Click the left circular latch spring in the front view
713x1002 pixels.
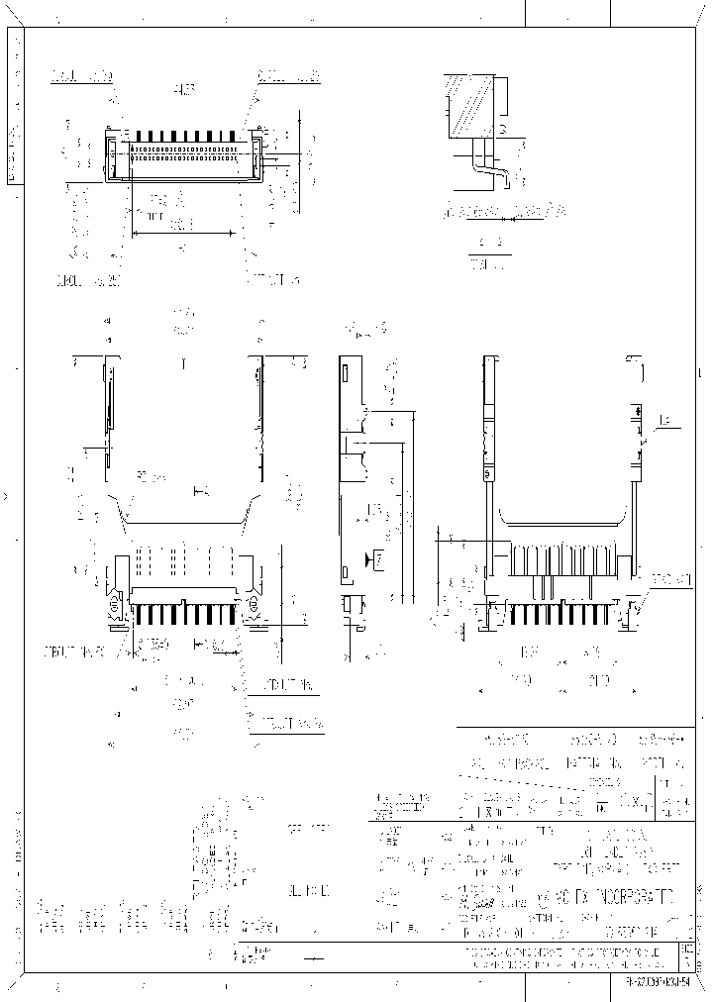coord(115,601)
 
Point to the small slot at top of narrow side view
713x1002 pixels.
coord(348,374)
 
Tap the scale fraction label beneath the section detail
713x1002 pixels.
coord(488,253)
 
